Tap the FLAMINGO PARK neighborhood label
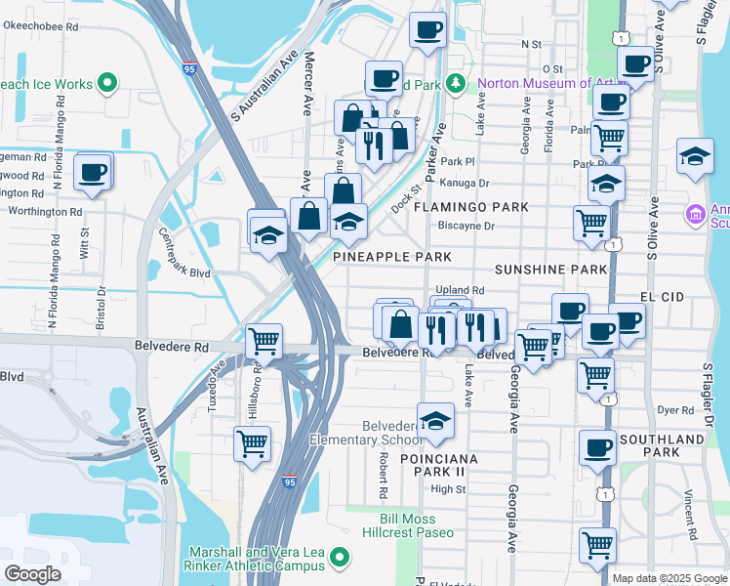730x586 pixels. pyautogui.click(x=471, y=207)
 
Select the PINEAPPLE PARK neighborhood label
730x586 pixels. pyautogui.click(x=392, y=257)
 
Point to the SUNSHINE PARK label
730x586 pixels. pyautogui.click(x=544, y=269)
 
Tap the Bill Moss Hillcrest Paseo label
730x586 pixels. pyautogui.click(x=417, y=524)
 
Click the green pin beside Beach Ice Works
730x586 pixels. pyautogui.click(x=109, y=84)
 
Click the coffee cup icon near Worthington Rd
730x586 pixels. pyautogui.click(x=94, y=173)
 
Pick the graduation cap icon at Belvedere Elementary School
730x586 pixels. pyautogui.click(x=436, y=421)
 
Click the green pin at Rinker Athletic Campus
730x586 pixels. pyautogui.click(x=340, y=558)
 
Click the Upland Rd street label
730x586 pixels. pyautogui.click(x=460, y=290)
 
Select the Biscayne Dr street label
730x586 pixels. pyautogui.click(x=466, y=226)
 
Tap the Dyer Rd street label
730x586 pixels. pyautogui.click(x=674, y=410)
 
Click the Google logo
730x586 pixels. pyautogui.click(x=32, y=574)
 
